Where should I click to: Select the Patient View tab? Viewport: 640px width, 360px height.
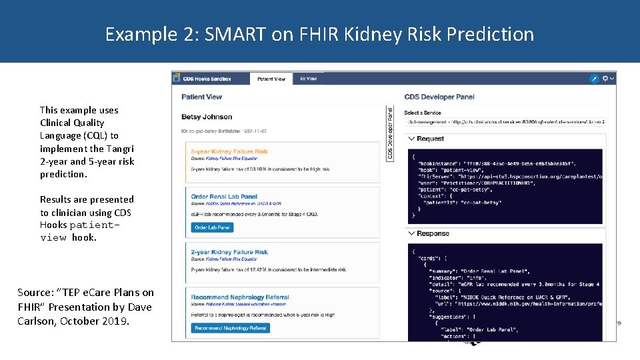point(271,79)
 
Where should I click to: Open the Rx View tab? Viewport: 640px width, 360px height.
point(308,79)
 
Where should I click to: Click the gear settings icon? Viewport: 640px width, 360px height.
point(606,79)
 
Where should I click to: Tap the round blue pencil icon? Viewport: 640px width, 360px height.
point(595,79)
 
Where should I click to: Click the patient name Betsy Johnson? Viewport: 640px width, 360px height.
point(207,117)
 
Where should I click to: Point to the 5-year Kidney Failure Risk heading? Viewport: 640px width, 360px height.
point(229,152)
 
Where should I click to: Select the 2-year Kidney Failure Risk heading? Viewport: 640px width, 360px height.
point(229,253)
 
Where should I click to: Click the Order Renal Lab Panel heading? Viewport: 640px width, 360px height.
point(224,197)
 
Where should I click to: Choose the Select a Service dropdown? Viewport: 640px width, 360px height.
point(505,122)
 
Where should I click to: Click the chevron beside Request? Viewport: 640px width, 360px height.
point(411,139)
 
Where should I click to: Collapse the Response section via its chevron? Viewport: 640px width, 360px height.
point(411,234)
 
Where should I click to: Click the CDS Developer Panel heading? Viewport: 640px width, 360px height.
point(439,97)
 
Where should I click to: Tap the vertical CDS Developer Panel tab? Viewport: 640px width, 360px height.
point(391,133)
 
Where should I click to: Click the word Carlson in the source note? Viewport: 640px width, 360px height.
point(37,321)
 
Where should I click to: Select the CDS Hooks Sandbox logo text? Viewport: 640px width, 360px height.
point(207,79)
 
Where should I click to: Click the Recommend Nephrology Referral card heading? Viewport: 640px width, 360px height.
point(239,297)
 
